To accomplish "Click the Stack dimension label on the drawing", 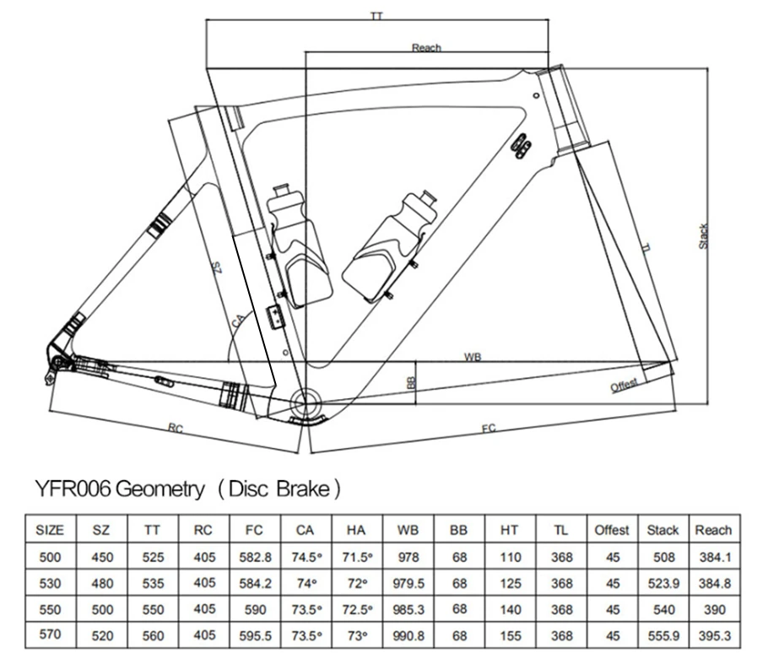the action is pyautogui.click(x=703, y=236).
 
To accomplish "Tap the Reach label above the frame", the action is pyautogui.click(x=426, y=47).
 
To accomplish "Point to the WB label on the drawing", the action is pyautogui.click(x=473, y=357).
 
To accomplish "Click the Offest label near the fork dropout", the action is pyautogui.click(x=624, y=385).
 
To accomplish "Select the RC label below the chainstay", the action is pyautogui.click(x=176, y=429).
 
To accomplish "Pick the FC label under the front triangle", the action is pyautogui.click(x=489, y=429).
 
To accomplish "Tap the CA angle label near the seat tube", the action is pyautogui.click(x=237, y=321).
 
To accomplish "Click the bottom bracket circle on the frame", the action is pyautogui.click(x=305, y=403).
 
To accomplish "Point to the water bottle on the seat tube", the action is pyautogui.click(x=299, y=247).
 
